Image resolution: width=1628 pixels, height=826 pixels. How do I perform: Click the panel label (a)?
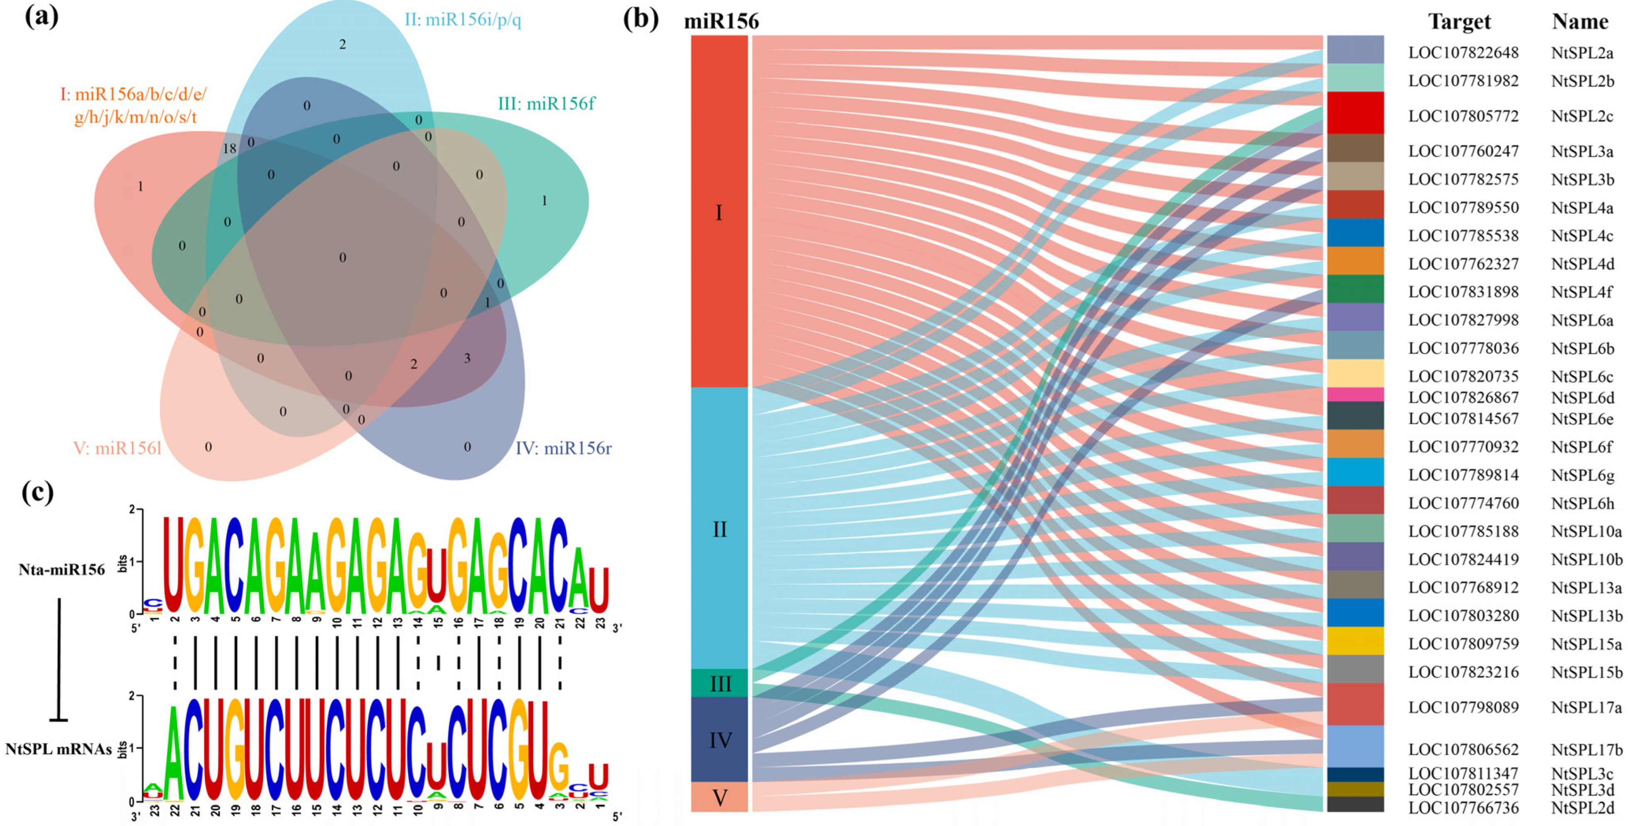[x=41, y=17]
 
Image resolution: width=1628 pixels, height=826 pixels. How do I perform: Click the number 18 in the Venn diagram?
[x=229, y=148]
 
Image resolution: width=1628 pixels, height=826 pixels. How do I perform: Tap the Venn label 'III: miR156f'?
[x=546, y=104]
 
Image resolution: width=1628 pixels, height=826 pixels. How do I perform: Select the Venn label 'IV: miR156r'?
[x=563, y=448]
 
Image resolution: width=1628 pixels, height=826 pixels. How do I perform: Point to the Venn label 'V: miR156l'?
[x=117, y=449]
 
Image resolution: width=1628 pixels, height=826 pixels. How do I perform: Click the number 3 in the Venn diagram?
[x=467, y=358]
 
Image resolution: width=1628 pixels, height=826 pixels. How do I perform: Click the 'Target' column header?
[x=1459, y=22]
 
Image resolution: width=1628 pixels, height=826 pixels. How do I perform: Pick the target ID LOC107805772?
[x=1463, y=116]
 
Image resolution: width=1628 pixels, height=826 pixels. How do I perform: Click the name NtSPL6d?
[x=1582, y=398]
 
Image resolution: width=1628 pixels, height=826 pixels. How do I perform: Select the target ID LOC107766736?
[x=1463, y=808]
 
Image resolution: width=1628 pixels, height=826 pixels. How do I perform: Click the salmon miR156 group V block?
[x=719, y=797]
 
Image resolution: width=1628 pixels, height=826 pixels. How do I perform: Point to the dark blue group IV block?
[x=719, y=739]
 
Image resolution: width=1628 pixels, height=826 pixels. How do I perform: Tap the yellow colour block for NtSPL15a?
[x=1355, y=641]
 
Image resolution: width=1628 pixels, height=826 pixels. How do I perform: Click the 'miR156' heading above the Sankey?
[x=721, y=22]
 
